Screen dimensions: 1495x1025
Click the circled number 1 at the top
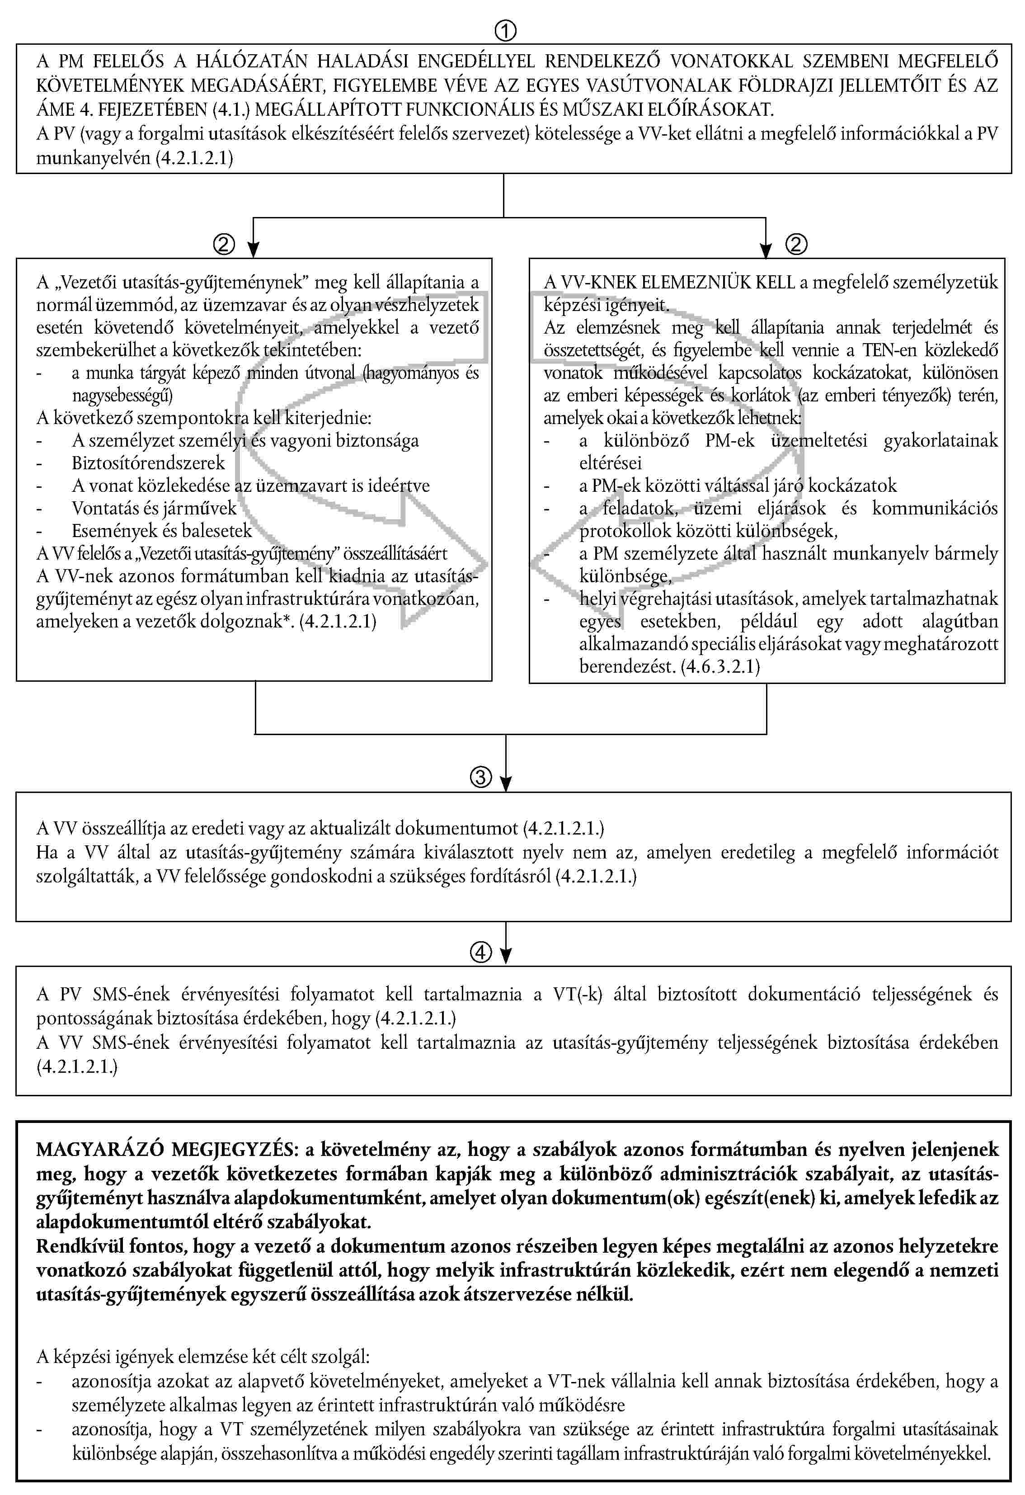(x=505, y=30)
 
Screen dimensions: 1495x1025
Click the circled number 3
(x=481, y=777)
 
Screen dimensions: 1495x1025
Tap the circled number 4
(x=481, y=953)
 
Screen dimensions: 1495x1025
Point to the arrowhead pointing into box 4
(x=506, y=957)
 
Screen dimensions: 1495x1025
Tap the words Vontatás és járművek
(x=154, y=508)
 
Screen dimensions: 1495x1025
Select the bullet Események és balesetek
(x=162, y=531)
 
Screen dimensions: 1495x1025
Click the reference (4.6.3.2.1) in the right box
(x=720, y=666)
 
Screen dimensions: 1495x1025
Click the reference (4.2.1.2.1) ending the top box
(x=195, y=158)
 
